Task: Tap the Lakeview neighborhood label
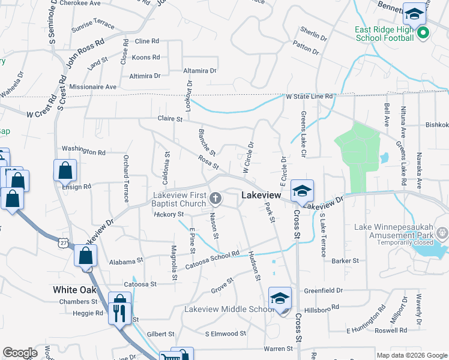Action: [x=262, y=195]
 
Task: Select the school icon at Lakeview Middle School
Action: [x=280, y=298]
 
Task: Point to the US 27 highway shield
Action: [x=63, y=242]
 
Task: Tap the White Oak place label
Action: [x=74, y=289]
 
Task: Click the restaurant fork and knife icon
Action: [x=119, y=313]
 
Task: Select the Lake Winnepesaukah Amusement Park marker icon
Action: [x=442, y=232]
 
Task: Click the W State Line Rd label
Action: [x=309, y=96]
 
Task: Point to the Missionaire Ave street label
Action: [x=93, y=86]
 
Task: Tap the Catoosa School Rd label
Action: [x=212, y=259]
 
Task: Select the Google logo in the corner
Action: [x=20, y=353]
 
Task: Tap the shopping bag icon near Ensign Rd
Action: [x=65, y=170]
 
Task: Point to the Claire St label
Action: [x=170, y=119]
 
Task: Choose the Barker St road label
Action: [x=345, y=261]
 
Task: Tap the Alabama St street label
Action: [x=126, y=262]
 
